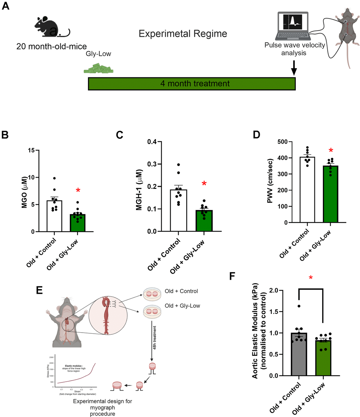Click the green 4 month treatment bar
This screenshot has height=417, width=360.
[x=192, y=84]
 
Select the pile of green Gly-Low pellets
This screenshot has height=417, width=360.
[x=98, y=68]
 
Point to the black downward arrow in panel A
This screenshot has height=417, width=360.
[x=293, y=67]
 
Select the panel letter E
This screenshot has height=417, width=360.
[x=40, y=290]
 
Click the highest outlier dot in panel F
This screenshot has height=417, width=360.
[x=299, y=306]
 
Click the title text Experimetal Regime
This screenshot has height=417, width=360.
[x=183, y=34]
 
